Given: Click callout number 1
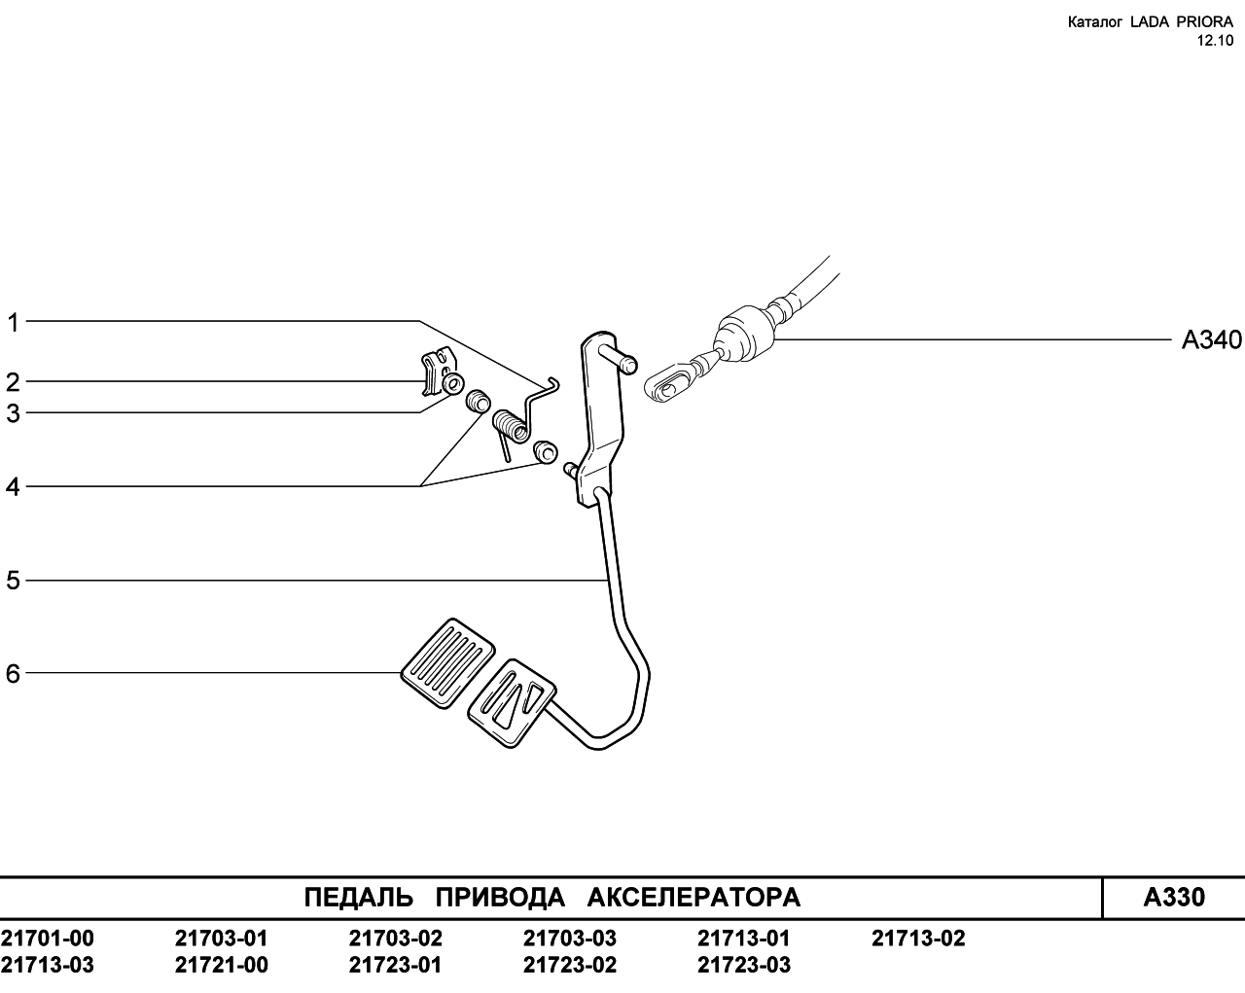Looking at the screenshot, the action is click(x=14, y=323).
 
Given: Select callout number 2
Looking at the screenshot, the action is click(x=13, y=382).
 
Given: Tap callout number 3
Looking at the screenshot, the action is click(x=13, y=413).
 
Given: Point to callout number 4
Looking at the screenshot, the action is click(x=13, y=487).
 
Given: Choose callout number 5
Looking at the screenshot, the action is click(x=13, y=581).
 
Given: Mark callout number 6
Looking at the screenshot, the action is click(x=13, y=674).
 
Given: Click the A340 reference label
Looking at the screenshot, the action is click(x=1212, y=339).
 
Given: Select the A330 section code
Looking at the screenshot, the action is click(x=1174, y=898).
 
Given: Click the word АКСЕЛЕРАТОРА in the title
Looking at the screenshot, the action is click(x=694, y=898).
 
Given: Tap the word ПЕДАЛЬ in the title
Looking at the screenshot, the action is click(x=359, y=898).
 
